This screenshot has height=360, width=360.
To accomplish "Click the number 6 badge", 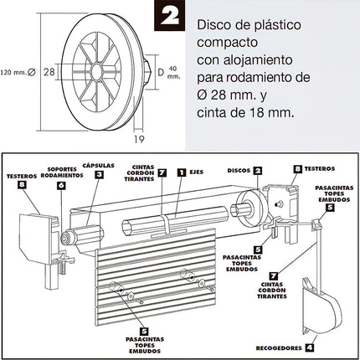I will pyautogui.click(x=60, y=185).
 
